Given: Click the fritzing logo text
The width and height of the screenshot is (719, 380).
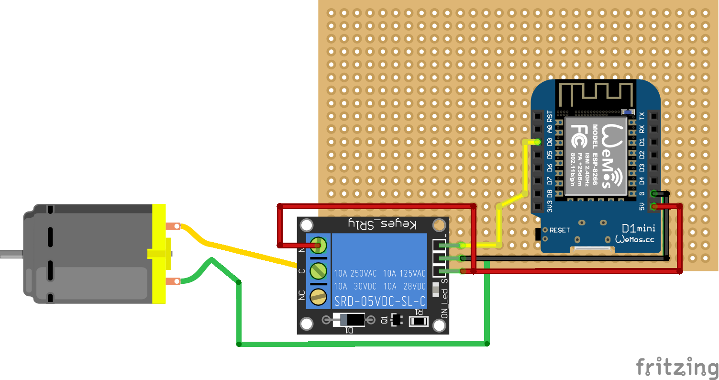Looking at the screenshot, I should [x=677, y=368].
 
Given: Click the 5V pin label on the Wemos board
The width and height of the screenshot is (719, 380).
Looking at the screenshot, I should [x=642, y=207].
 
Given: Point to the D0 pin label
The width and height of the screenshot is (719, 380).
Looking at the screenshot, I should [x=550, y=142].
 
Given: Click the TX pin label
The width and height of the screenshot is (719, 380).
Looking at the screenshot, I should [x=642, y=116].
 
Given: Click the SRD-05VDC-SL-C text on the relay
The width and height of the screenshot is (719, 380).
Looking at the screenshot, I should [x=379, y=302].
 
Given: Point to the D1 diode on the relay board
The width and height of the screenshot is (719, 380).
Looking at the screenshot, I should [x=349, y=320].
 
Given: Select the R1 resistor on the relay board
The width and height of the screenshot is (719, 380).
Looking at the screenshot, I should [x=419, y=321].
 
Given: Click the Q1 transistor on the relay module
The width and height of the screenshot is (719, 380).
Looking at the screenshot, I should [x=395, y=320].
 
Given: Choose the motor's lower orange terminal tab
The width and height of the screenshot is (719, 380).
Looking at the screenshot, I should [x=173, y=281].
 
